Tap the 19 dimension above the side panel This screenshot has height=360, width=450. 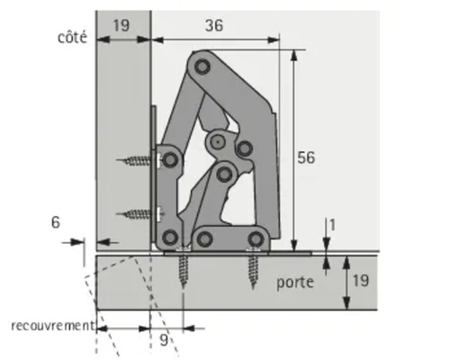click(120, 27)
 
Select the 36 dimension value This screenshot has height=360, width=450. click(213, 27)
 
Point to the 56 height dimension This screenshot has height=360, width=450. click(306, 157)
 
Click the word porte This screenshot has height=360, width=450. click(295, 282)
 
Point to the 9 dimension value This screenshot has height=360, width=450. click(162, 340)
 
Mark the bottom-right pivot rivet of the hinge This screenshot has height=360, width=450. click(256, 238)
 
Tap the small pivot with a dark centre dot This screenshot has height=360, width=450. click(216, 141)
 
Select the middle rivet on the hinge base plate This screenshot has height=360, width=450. click(205, 238)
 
